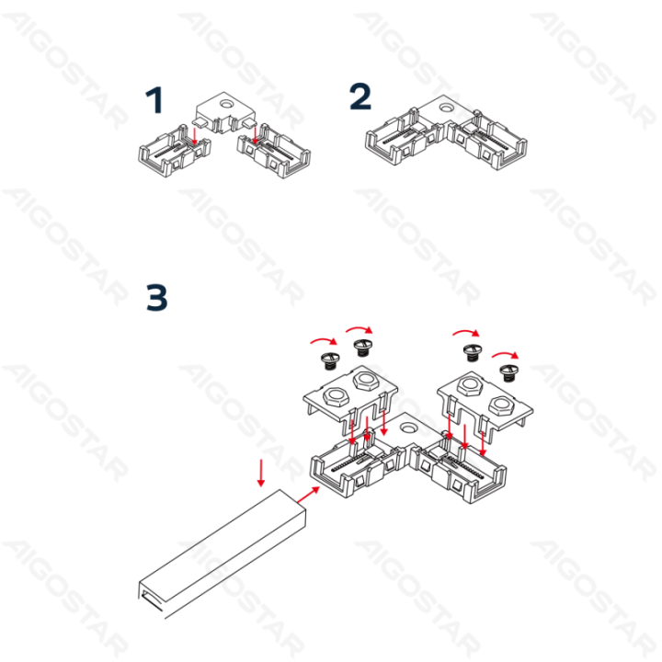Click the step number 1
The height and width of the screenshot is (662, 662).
(158, 102)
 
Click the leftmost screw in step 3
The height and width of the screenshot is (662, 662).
(325, 357)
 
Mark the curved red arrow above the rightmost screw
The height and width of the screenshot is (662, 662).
(505, 353)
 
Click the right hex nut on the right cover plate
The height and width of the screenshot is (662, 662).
(503, 401)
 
